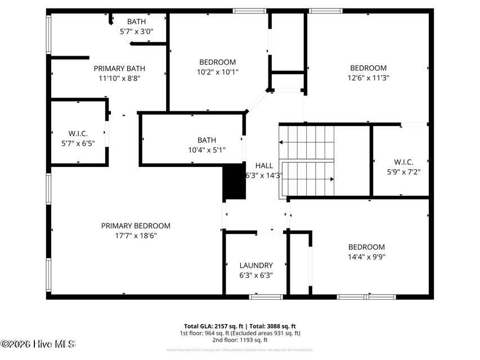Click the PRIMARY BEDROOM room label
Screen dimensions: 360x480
point(136,226)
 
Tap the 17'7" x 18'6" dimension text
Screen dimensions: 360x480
point(136,236)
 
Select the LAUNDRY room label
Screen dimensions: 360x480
point(256,265)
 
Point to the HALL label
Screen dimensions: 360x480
point(264,165)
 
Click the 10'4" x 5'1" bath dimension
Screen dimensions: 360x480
point(207,150)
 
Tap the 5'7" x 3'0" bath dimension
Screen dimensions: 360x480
point(136,32)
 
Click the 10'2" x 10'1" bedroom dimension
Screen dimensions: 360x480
point(217,72)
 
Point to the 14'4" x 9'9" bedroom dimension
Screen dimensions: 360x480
point(366,257)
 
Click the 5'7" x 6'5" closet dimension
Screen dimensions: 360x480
point(78,143)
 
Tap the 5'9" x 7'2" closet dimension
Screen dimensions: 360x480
point(403,172)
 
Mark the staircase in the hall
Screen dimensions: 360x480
point(307,160)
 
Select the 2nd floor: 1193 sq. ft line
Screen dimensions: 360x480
point(240,340)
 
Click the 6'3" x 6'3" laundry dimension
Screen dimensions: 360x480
point(256,276)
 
